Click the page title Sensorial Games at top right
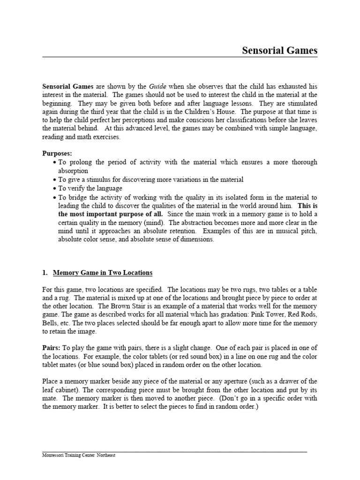point(279,50)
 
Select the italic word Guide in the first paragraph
point(157,86)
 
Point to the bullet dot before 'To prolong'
point(56,163)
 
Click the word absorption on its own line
point(73,171)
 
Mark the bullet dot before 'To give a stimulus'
point(56,180)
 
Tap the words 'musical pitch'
point(297,231)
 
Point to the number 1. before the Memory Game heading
point(45,272)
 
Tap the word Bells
point(51,323)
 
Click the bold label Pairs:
point(51,348)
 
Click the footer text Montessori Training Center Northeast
point(79,455)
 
